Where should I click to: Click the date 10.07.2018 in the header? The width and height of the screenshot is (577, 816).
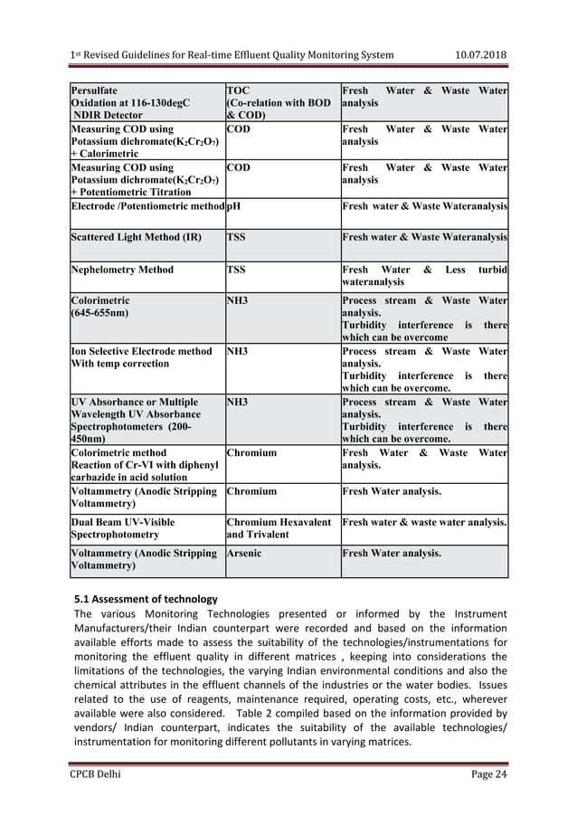(479, 55)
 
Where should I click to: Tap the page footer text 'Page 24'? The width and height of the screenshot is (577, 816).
(487, 774)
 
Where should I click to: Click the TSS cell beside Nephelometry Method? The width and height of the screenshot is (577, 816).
(238, 270)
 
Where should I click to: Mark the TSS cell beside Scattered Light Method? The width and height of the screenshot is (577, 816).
(238, 237)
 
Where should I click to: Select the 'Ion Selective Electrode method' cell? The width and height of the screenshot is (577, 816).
(141, 350)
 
